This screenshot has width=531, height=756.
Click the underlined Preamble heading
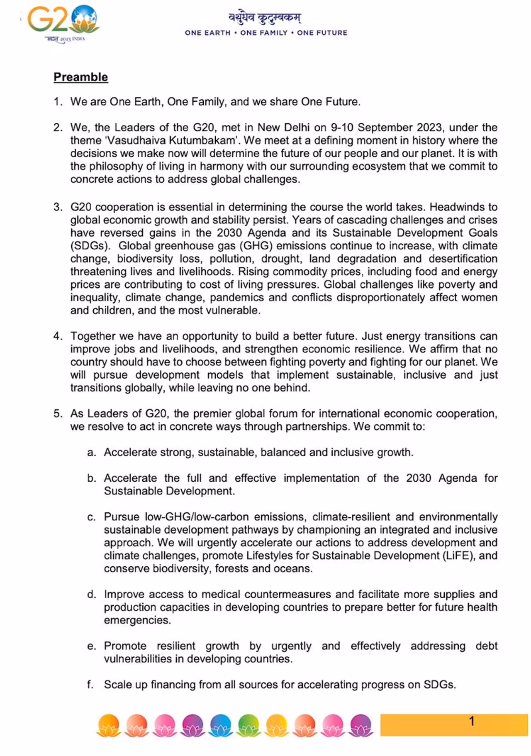pos(80,77)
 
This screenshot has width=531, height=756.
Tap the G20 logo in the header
pos(62,21)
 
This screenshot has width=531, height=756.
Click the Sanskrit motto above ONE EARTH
pos(265,18)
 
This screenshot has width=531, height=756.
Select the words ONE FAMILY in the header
pos(264,33)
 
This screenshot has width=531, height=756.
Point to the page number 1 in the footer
pos(471,721)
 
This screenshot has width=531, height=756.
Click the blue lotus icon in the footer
pos(221,725)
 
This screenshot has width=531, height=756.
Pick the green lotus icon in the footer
pos(248,725)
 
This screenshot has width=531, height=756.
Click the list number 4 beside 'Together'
pos(57,336)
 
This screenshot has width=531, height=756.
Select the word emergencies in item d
pos(137,620)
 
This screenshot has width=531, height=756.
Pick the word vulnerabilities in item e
pos(136,659)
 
